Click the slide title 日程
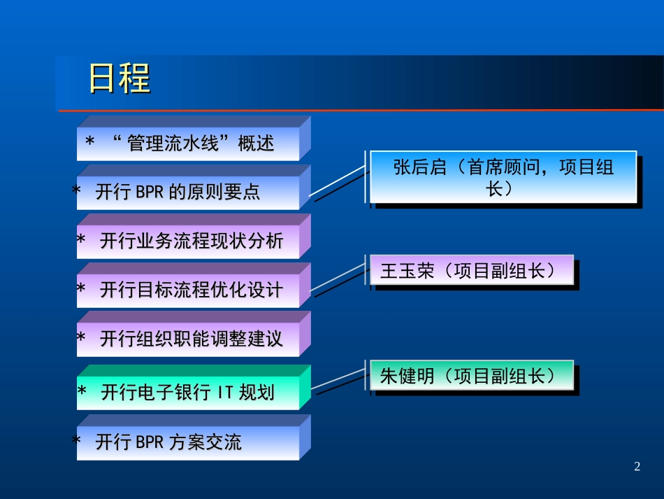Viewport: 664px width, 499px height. [x=120, y=78]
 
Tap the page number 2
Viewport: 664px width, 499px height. [x=637, y=466]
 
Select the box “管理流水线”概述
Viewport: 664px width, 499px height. [x=194, y=139]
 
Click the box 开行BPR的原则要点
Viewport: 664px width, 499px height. [x=194, y=188]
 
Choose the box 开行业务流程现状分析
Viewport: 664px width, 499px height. [x=194, y=236]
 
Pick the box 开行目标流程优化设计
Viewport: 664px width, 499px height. [x=194, y=285]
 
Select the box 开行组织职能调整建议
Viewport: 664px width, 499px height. [x=194, y=334]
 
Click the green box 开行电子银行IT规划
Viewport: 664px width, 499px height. [x=194, y=388]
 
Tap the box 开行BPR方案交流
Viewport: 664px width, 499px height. [x=194, y=437]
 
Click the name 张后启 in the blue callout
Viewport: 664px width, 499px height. [x=419, y=167]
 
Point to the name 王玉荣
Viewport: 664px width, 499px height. [x=407, y=271]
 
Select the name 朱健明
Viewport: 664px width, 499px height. [x=407, y=376]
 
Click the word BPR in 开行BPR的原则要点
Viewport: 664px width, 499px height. [x=144, y=192]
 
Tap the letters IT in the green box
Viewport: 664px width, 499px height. [x=225, y=392]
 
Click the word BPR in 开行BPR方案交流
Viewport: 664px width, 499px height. [x=144, y=442]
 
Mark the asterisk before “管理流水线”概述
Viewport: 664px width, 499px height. [x=89, y=141]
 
